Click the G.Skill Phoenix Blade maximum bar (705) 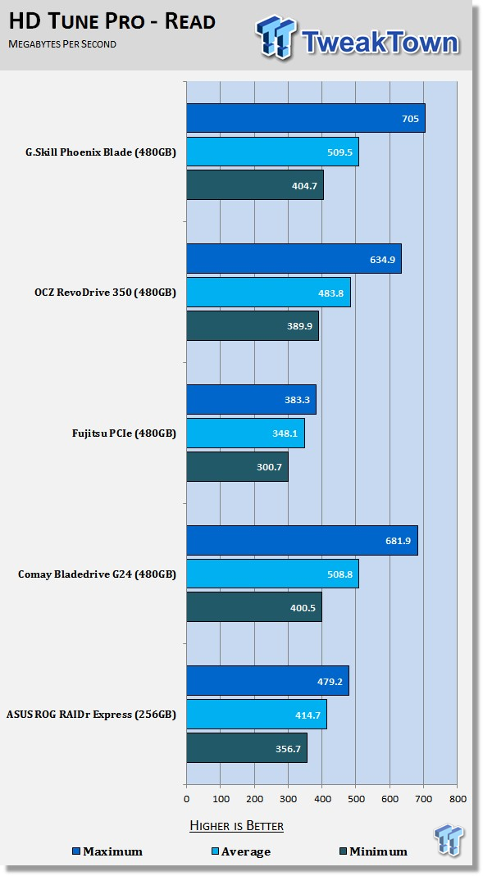(306, 118)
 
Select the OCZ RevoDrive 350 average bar (268, 293)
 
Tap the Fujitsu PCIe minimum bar (238, 466)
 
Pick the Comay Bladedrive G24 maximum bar (302, 540)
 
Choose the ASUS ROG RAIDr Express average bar (257, 714)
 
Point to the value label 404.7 (304, 185)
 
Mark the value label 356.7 (288, 749)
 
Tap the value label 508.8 (339, 574)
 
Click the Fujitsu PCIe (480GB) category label (124, 433)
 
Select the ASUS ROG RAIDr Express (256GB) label (91, 715)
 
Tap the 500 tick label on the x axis (356, 799)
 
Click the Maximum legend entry (107, 851)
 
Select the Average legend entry (240, 851)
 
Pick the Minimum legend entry (373, 851)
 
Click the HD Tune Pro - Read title (112, 21)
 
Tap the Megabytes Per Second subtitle (62, 43)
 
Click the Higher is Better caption (236, 825)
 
